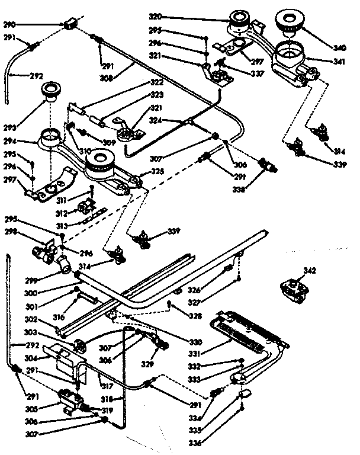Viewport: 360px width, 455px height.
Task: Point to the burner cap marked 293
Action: [49, 93]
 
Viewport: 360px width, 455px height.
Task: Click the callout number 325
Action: [157, 172]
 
